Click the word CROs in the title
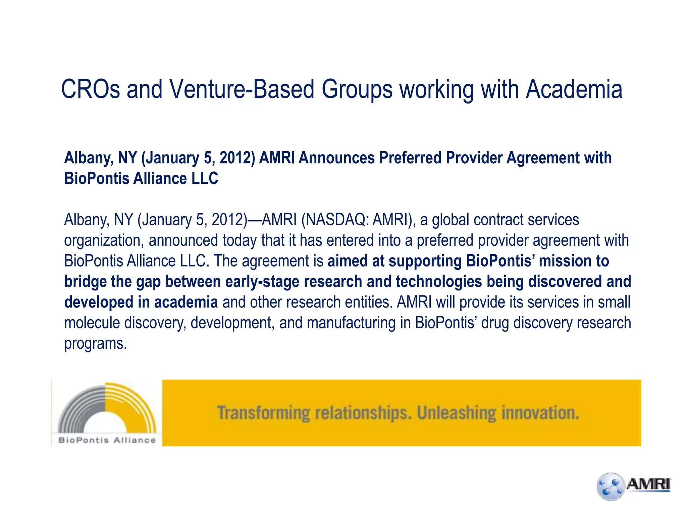(90, 90)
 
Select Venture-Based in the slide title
(242, 90)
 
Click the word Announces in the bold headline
(336, 158)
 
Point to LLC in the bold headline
(204, 178)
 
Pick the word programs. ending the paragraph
(96, 343)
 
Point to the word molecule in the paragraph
(92, 323)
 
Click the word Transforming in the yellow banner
(263, 413)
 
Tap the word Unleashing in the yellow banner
(456, 413)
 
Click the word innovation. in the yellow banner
(540, 413)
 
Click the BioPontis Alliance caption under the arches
(107, 440)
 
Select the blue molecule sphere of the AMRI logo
(611, 487)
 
